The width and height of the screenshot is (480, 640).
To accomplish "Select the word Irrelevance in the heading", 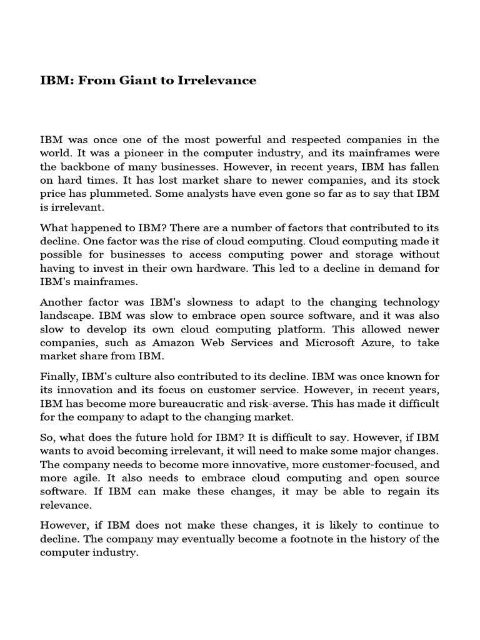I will (x=217, y=81).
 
